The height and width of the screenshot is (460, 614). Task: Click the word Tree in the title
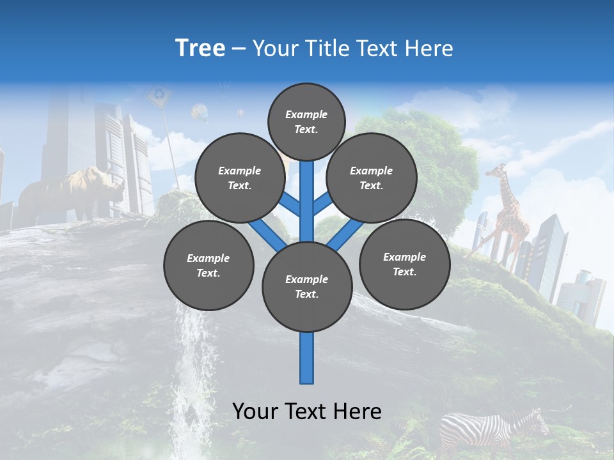(x=200, y=48)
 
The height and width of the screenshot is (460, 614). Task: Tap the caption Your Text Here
(x=307, y=411)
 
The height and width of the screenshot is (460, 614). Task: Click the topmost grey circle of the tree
(x=306, y=121)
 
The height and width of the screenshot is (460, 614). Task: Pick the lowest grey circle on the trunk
(x=307, y=287)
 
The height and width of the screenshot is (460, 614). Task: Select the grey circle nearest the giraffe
(x=404, y=264)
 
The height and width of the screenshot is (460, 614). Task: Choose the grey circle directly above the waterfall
(x=209, y=265)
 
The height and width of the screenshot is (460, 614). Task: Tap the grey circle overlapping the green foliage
(x=371, y=178)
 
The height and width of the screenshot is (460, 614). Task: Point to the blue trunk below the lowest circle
(x=307, y=358)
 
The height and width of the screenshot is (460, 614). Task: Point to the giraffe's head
(x=498, y=171)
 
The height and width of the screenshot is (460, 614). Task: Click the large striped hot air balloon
(x=200, y=112)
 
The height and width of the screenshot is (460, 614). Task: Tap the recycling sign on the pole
(x=159, y=96)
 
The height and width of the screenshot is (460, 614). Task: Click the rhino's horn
(x=120, y=179)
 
